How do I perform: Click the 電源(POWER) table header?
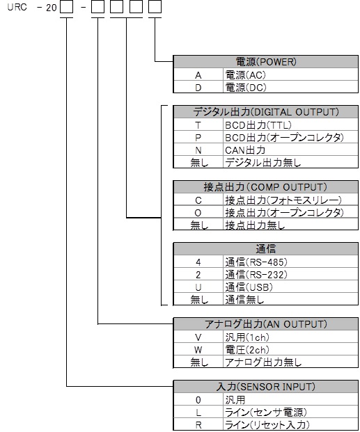266,62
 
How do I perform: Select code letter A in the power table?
198,75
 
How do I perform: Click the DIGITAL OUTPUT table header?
266,112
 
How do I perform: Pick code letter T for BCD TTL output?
198,125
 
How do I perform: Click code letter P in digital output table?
198,138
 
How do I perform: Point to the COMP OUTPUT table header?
266,187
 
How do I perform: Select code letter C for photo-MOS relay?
198,200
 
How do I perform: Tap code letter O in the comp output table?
198,213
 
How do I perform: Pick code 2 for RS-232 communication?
198,275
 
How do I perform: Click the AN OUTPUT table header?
266,324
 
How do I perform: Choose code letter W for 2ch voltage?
198,350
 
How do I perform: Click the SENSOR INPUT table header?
266,387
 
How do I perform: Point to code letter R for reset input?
198,425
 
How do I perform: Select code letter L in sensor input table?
198,413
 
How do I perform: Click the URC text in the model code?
17,7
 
